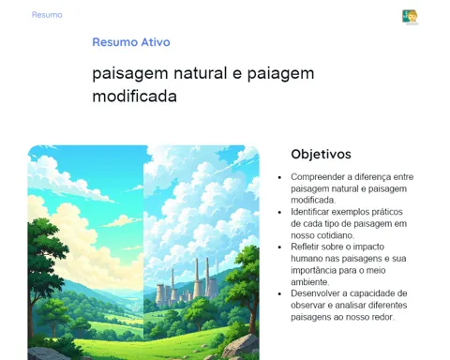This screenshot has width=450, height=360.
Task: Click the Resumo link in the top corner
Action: coord(47,15)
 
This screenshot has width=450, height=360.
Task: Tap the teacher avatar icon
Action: coord(410,17)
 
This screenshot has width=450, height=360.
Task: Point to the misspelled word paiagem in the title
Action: coord(280,74)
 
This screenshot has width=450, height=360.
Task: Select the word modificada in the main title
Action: coord(134,96)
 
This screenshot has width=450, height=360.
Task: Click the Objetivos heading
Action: coord(321,154)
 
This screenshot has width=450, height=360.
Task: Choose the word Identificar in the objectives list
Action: coord(309,212)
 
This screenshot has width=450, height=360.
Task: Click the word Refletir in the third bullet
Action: coord(305,247)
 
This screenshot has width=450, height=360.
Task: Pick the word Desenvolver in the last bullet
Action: coord(316,293)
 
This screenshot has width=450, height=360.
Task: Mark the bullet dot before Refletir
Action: coord(279,247)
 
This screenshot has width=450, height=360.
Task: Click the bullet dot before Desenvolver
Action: coord(279,293)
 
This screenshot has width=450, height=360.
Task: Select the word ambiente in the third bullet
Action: coord(309,282)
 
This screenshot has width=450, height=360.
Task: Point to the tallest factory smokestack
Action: coord(197,277)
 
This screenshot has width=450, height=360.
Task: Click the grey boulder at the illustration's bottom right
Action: coord(241,346)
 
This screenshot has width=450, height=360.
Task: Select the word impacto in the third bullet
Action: coord(368,247)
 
